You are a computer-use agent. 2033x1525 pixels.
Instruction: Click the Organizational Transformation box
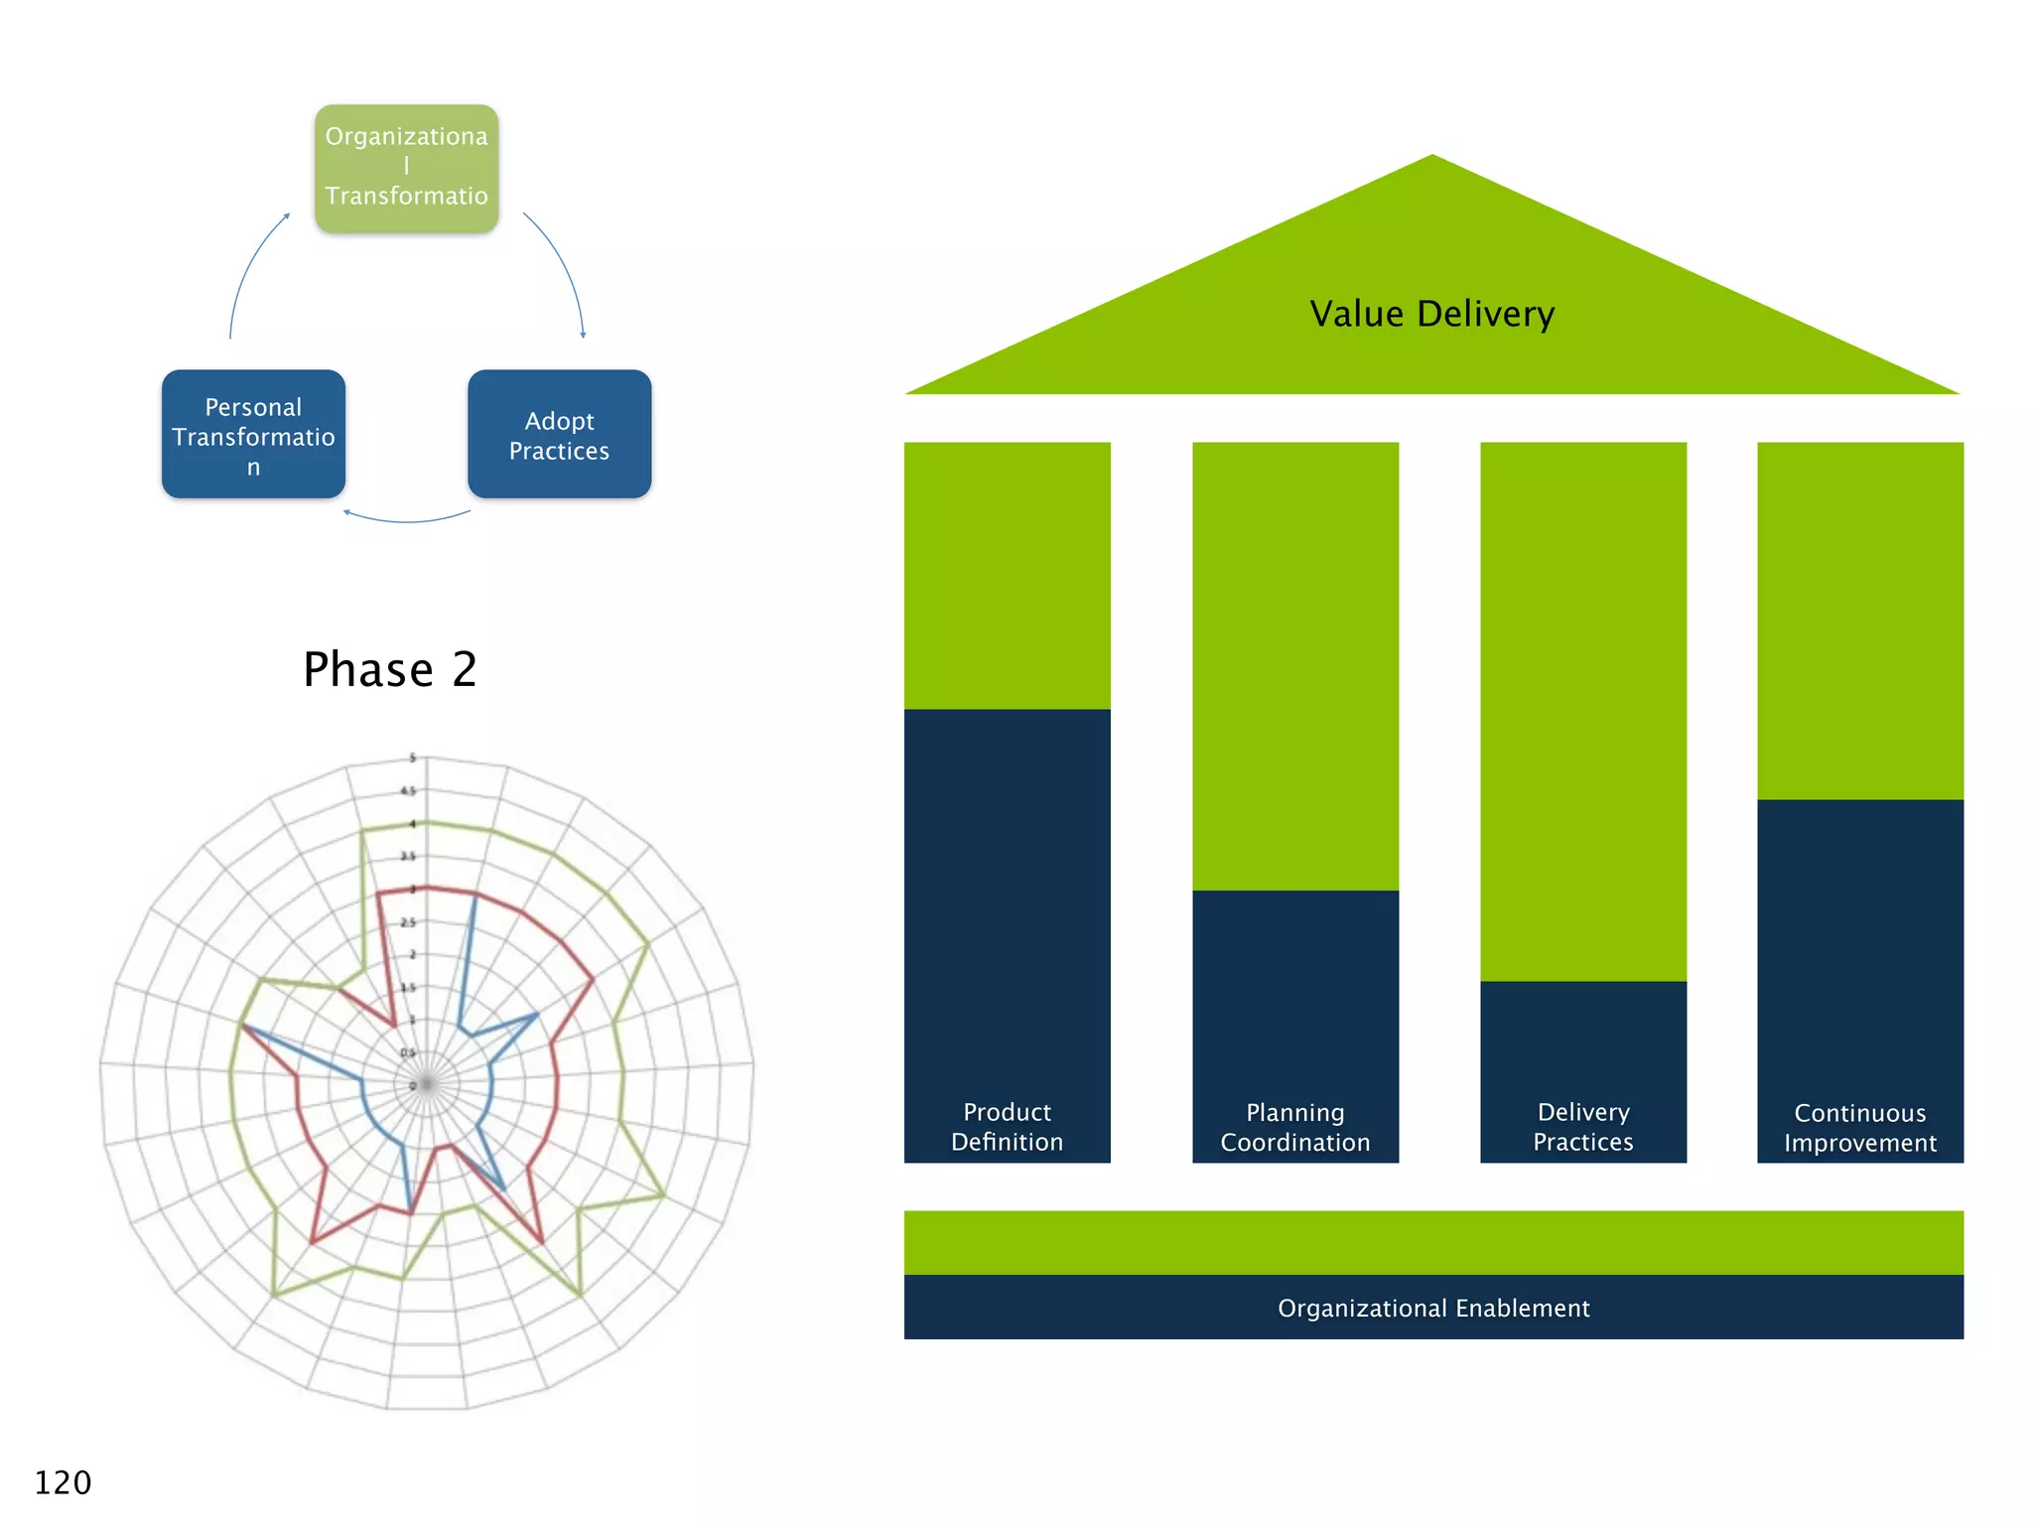406,169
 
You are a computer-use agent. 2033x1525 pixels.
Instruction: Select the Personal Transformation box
253,435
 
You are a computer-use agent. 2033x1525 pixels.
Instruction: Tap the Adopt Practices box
559,435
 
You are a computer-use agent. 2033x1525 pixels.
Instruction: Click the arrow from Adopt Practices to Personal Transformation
407,520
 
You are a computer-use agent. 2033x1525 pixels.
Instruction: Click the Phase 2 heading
390,669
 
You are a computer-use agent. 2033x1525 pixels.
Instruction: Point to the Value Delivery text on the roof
1431,314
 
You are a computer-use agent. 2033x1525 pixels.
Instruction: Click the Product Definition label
1007,1127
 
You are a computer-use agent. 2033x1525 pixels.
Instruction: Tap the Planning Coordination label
1294,1127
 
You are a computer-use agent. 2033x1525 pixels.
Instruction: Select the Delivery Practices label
1582,1127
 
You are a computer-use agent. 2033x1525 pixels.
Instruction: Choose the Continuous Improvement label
1859,1128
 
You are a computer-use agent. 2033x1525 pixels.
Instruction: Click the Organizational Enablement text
1432,1308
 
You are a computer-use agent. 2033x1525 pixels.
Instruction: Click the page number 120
63,1482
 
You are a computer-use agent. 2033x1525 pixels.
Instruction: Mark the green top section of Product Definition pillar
1007,576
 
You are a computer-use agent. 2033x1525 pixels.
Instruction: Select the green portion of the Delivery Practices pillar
1582,710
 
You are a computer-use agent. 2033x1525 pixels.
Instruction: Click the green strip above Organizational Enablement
1432,1242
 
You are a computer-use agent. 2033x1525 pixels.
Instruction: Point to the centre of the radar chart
427,1084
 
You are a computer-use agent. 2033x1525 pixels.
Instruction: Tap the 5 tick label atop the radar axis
413,759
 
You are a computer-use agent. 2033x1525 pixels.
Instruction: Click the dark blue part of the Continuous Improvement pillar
1859,943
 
